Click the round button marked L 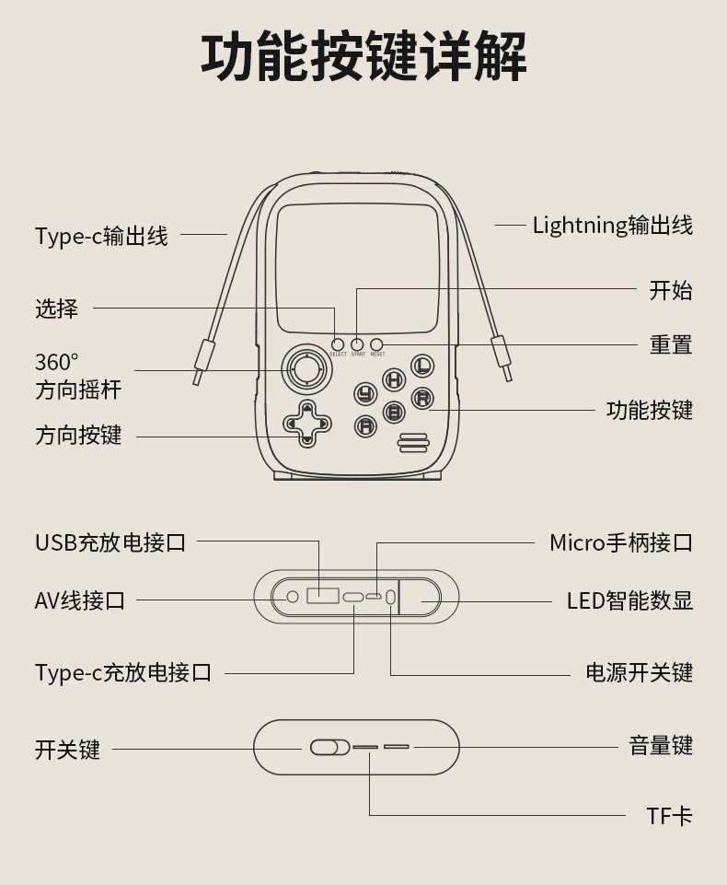[422, 365]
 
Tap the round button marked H [394, 379]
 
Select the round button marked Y [366, 394]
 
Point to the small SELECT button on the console [338, 344]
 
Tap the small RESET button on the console [376, 344]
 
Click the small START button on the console [357, 344]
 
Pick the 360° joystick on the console [304, 370]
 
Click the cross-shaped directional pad [304, 425]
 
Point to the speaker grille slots [414, 442]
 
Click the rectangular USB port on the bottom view [321, 596]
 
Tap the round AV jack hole [293, 597]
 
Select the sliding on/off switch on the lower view [329, 747]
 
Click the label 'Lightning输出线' [612, 225]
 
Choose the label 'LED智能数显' [629, 601]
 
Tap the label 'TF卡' [669, 815]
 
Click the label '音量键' [661, 746]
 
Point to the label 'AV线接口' [80, 601]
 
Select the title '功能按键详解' [363, 57]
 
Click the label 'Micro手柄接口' [620, 542]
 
